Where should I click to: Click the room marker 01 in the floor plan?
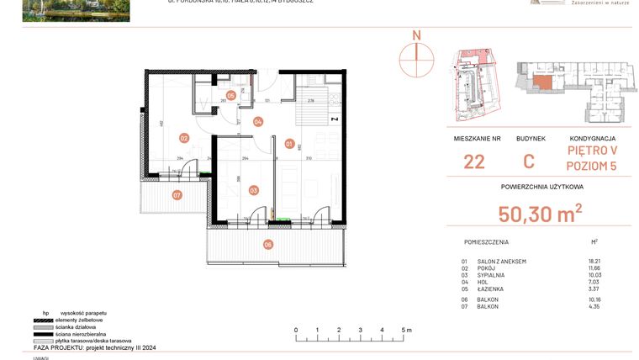(x=288, y=143)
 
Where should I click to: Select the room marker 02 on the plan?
(x=183, y=138)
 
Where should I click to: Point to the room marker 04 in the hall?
(x=258, y=122)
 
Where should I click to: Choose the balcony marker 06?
(x=268, y=245)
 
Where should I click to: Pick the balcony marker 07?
(x=177, y=195)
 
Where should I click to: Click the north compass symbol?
(x=415, y=53)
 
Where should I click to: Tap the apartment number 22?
(x=473, y=162)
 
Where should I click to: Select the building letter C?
(x=530, y=162)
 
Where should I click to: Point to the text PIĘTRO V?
(x=592, y=151)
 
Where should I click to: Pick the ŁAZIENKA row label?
(x=492, y=290)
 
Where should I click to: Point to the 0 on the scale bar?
(x=296, y=331)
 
